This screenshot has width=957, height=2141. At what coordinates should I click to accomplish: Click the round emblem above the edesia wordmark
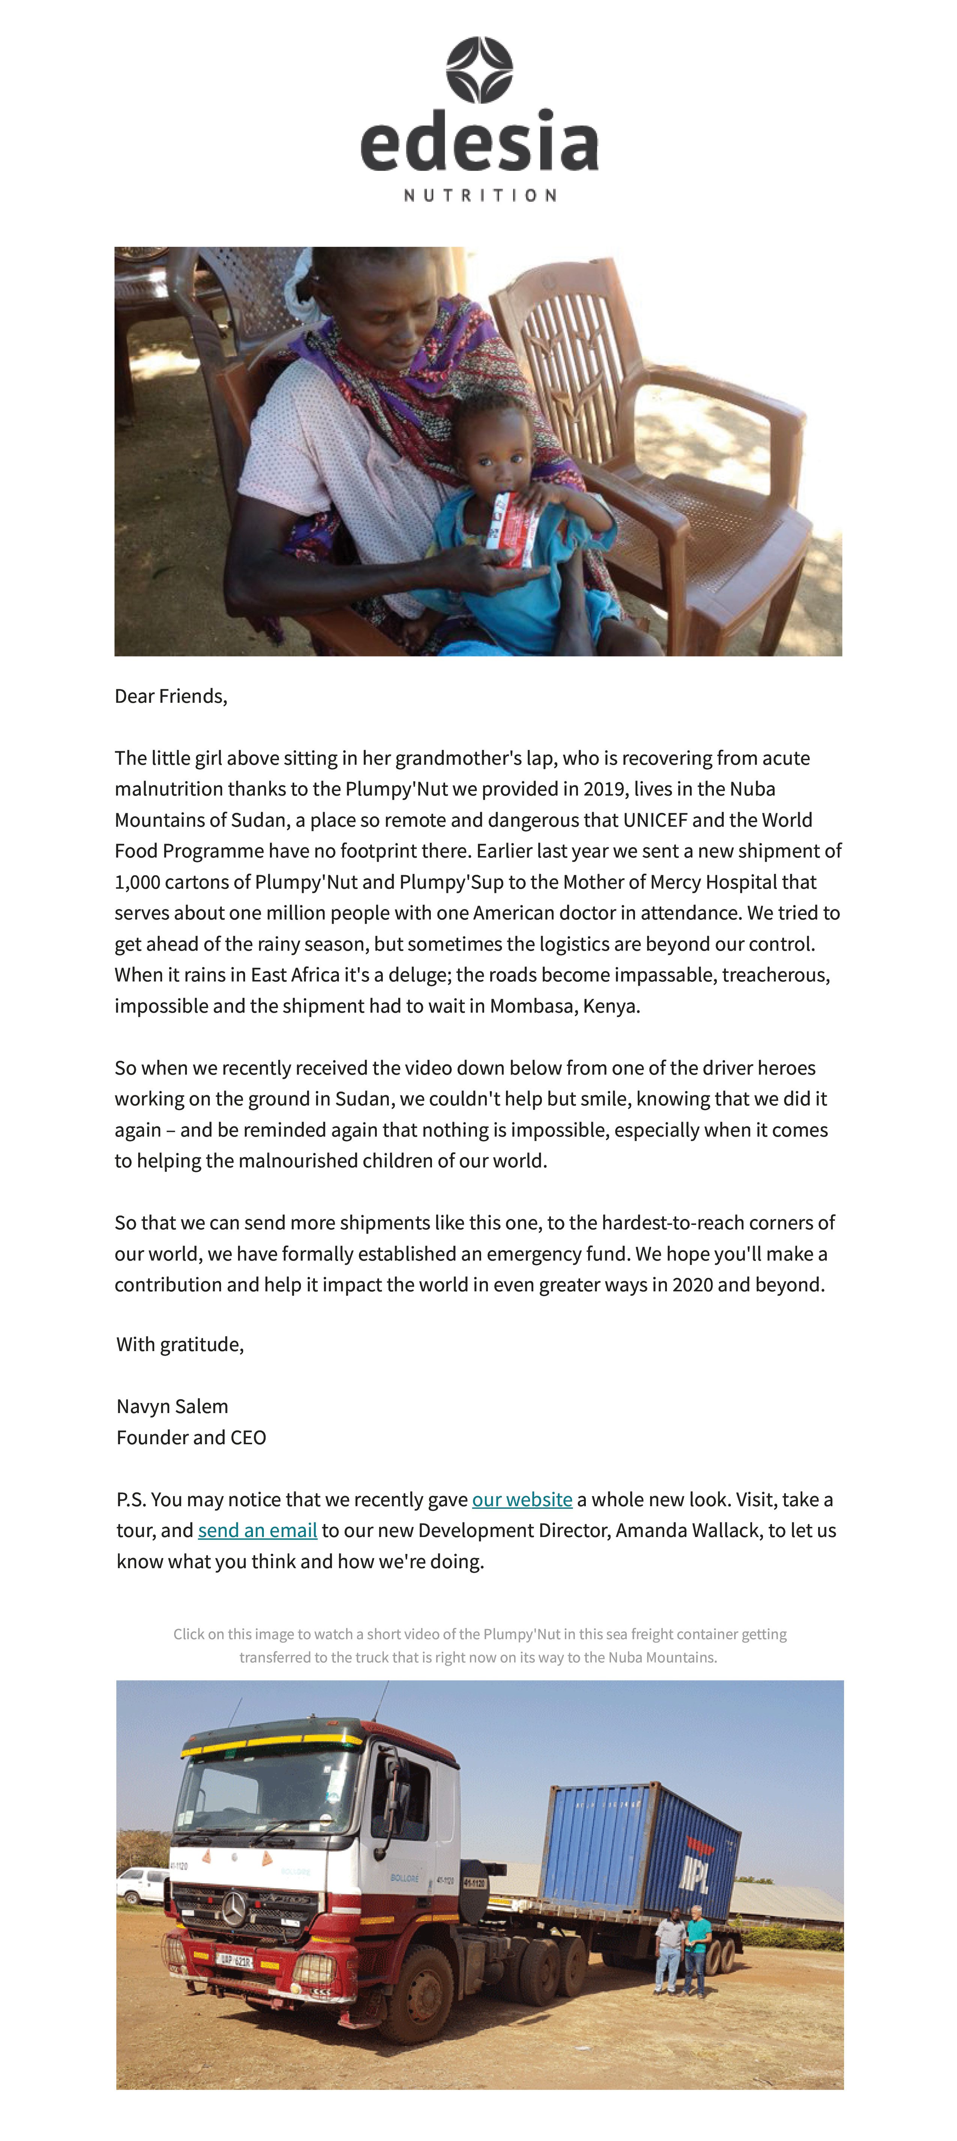479,70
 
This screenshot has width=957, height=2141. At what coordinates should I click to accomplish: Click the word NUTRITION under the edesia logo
479,195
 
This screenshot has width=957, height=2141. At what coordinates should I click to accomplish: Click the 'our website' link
522,1499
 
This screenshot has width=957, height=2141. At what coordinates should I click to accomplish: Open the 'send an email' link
257,1530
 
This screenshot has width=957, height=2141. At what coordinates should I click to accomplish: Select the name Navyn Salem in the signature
172,1406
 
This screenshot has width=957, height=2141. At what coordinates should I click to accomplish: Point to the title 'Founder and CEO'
191,1437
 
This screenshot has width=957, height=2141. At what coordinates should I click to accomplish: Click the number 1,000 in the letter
137,882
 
